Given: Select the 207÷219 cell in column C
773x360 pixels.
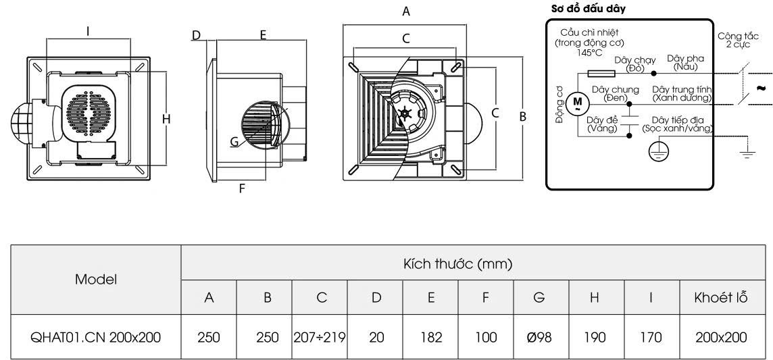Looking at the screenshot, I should pyautogui.click(x=320, y=336).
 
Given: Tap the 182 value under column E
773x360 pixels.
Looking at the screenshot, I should pyautogui.click(x=430, y=336).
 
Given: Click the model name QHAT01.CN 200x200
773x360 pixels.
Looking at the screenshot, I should pyautogui.click(x=97, y=336).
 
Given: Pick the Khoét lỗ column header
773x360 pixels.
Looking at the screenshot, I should pyautogui.click(x=720, y=297).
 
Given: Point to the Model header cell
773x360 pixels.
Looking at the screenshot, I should pyautogui.click(x=97, y=279).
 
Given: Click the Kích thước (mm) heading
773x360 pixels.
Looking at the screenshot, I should pyautogui.click(x=458, y=263).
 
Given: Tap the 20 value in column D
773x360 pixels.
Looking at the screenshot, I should pyautogui.click(x=375, y=336).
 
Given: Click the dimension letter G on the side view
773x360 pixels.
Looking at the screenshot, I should pyautogui.click(x=234, y=142).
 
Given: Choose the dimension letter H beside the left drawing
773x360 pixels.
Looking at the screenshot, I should pyautogui.click(x=166, y=120).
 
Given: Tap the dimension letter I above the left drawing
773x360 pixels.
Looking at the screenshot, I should pyautogui.click(x=89, y=30).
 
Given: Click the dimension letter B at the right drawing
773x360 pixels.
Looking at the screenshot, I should pyautogui.click(x=522, y=116).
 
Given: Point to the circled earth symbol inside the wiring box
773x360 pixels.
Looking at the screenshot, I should pyautogui.click(x=657, y=153).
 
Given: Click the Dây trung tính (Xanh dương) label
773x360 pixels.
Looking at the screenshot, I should pyautogui.click(x=682, y=93).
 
